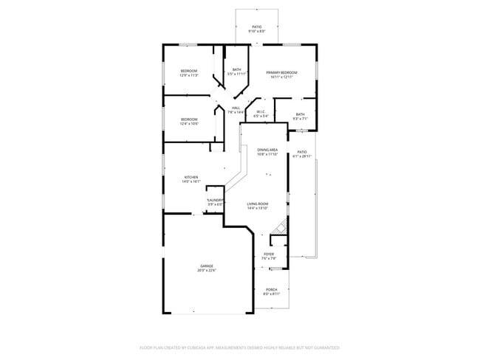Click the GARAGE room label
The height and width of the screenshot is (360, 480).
[x=206, y=266]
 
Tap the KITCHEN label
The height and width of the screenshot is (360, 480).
[x=191, y=176]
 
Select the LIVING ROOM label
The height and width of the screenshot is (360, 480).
[x=258, y=203]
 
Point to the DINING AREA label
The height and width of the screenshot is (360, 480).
[x=267, y=149]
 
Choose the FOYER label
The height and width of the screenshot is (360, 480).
[x=269, y=254]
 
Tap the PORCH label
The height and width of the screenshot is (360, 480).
[x=272, y=289]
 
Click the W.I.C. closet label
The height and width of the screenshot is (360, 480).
[x=261, y=112]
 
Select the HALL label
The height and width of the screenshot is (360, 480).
[x=236, y=108]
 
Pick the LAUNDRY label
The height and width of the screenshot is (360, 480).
[x=215, y=200]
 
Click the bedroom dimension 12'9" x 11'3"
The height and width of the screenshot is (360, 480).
[x=189, y=75]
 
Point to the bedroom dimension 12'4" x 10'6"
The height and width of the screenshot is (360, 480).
[x=190, y=123]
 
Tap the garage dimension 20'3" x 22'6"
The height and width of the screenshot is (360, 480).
[x=206, y=270]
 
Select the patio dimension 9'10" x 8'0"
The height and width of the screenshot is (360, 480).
[x=256, y=31]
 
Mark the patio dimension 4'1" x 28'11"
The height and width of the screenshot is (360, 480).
[x=302, y=156]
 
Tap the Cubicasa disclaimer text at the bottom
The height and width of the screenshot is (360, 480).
[x=239, y=347]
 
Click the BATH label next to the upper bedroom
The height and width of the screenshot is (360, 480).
[x=236, y=70]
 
